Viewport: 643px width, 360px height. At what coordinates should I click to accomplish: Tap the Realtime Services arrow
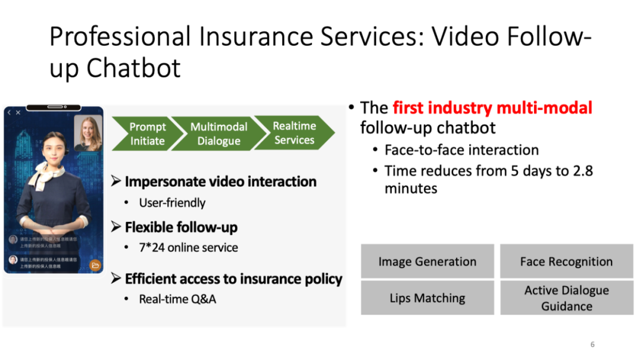(x=294, y=133)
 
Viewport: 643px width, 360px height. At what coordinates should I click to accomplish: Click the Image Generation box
(x=427, y=261)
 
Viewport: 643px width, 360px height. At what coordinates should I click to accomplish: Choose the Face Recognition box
(x=566, y=261)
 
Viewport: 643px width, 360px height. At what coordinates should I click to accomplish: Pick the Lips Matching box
(x=427, y=298)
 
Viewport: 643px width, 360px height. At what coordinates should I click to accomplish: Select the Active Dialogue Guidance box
(x=566, y=298)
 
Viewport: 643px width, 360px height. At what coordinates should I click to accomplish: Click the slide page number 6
(x=592, y=345)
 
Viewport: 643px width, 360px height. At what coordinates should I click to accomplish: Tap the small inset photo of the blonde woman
(x=88, y=133)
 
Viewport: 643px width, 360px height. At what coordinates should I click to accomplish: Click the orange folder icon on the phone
(x=95, y=265)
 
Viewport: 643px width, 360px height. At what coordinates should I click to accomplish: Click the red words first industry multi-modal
(x=492, y=108)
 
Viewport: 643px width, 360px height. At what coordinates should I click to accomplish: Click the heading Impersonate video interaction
(x=220, y=181)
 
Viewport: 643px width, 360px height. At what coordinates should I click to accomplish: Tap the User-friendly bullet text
(x=172, y=203)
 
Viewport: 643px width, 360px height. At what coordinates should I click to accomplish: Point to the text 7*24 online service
(x=188, y=248)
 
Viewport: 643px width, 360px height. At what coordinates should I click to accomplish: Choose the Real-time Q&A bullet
(x=177, y=299)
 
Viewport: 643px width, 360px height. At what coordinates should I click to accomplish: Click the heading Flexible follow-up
(x=181, y=227)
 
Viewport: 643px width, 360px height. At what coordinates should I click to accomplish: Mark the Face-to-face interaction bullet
(x=461, y=150)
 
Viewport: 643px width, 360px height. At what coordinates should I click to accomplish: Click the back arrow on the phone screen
(x=9, y=112)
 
